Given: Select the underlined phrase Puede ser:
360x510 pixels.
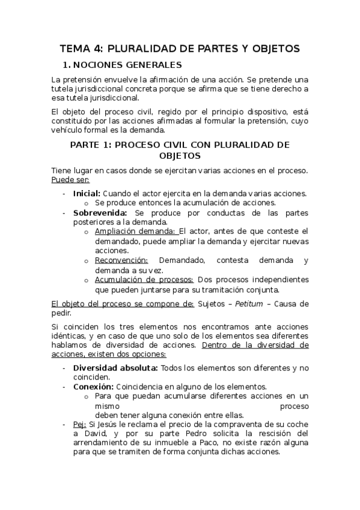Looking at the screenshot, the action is point(70,179).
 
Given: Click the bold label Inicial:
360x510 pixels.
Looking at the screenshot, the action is point(87,193).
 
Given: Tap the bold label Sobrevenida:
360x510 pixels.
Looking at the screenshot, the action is point(100,212).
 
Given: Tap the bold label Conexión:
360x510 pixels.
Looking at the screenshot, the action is point(93,386).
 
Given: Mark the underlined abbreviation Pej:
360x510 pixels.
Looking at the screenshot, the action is point(80,424).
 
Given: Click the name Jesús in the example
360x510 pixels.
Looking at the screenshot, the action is point(108,424).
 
